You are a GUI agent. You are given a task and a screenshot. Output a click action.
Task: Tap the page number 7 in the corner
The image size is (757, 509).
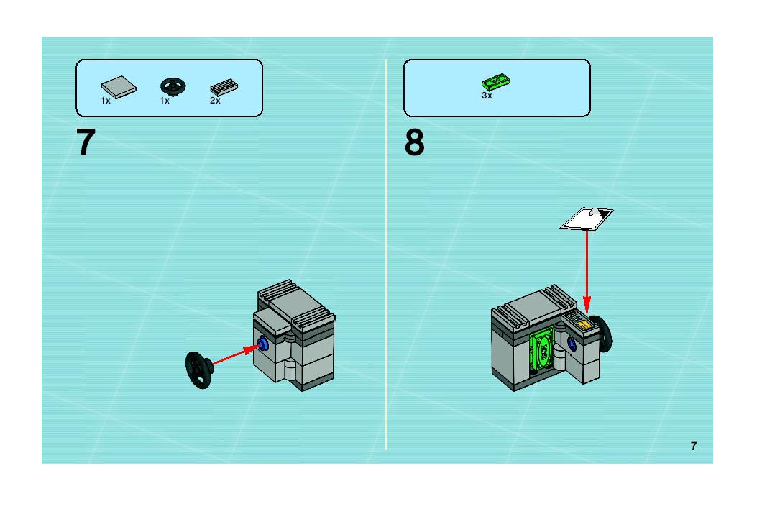pyautogui.click(x=693, y=446)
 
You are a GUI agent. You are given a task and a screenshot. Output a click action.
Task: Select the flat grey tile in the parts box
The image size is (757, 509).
pyautogui.click(x=119, y=87)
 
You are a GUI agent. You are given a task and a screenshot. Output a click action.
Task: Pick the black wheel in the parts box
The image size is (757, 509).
pyautogui.click(x=173, y=87)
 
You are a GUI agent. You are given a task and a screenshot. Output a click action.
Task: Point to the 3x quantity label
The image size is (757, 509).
pyautogui.click(x=487, y=96)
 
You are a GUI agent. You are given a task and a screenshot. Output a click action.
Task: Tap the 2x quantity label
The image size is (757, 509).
pyautogui.click(x=215, y=101)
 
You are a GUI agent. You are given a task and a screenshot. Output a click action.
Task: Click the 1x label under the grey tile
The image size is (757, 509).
pyautogui.click(x=106, y=101)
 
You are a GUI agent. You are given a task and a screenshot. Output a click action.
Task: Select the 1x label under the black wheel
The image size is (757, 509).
pyautogui.click(x=165, y=101)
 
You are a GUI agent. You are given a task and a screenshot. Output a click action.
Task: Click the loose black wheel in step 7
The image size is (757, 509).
pyautogui.click(x=198, y=370)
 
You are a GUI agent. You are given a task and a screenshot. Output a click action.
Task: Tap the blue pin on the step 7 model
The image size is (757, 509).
pyautogui.click(x=263, y=345)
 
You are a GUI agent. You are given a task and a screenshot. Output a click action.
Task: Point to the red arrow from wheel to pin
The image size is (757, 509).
pyautogui.click(x=234, y=356)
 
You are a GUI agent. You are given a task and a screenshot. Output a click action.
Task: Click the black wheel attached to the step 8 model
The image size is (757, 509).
pyautogui.click(x=605, y=334)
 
